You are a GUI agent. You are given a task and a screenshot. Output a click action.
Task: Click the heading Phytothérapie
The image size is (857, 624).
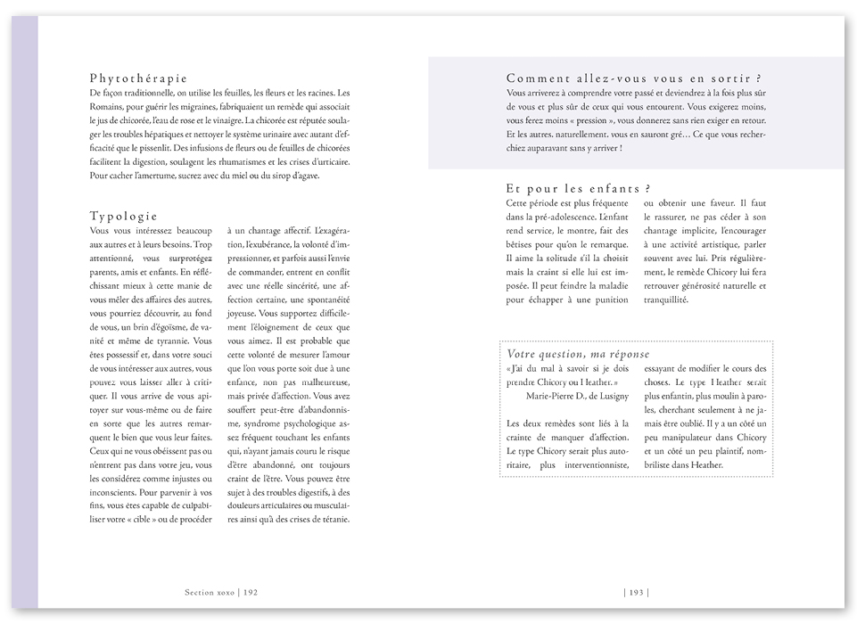point(138,78)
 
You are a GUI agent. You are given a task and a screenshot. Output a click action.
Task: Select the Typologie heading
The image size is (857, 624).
point(124,216)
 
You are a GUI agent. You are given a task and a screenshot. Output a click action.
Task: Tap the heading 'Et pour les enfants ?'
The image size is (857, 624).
point(578,188)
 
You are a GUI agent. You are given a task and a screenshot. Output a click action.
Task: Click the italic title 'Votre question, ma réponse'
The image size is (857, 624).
point(580,354)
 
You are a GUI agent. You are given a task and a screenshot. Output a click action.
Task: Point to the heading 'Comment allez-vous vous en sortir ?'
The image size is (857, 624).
point(639,78)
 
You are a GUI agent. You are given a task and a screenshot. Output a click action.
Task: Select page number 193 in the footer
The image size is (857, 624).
point(636,591)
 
